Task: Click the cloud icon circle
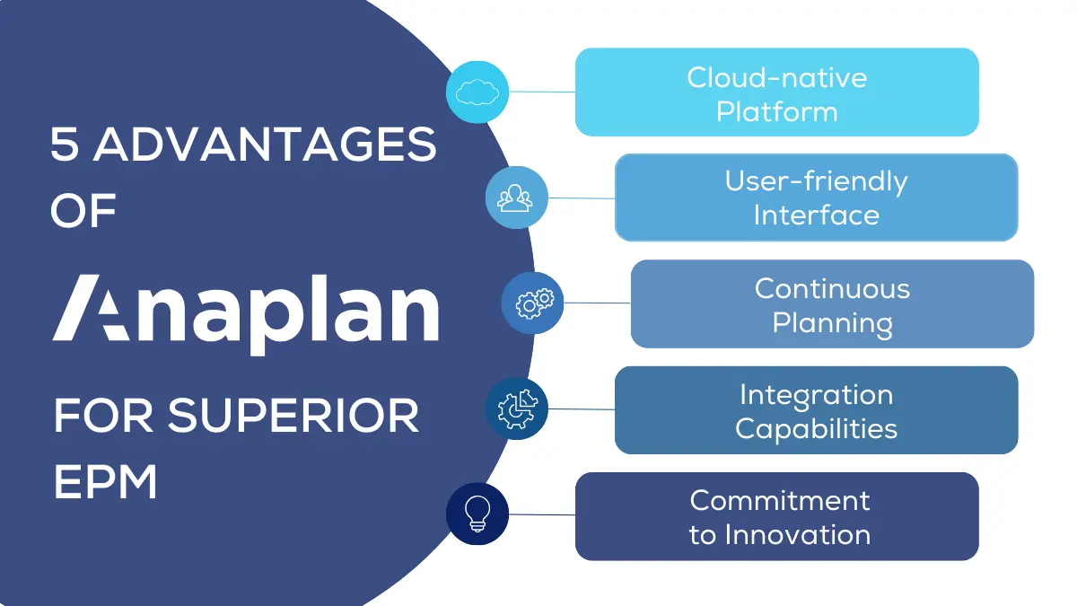477,92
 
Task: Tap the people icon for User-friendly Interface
517,197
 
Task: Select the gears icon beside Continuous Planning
533,303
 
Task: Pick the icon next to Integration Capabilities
517,408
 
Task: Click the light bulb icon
477,514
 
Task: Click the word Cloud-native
777,77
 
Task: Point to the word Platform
777,112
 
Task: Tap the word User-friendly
816,181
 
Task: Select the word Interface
816,215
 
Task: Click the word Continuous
832,288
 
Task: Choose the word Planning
832,322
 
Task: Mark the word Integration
816,394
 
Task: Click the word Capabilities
816,428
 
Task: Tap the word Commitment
779,499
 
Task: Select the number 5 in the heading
65,145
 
